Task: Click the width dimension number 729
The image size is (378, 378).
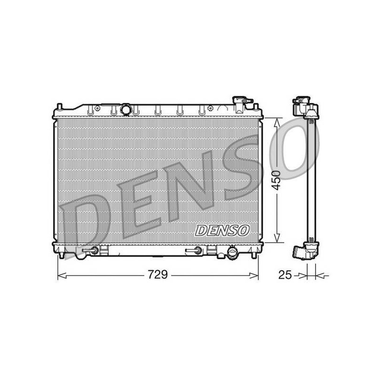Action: point(158,275)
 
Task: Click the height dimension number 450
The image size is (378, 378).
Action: point(277,180)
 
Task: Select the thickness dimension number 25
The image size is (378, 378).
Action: point(285,275)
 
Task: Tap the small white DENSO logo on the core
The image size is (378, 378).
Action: point(222,231)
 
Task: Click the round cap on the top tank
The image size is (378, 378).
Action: point(125,109)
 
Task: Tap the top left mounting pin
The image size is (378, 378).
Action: point(60,107)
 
